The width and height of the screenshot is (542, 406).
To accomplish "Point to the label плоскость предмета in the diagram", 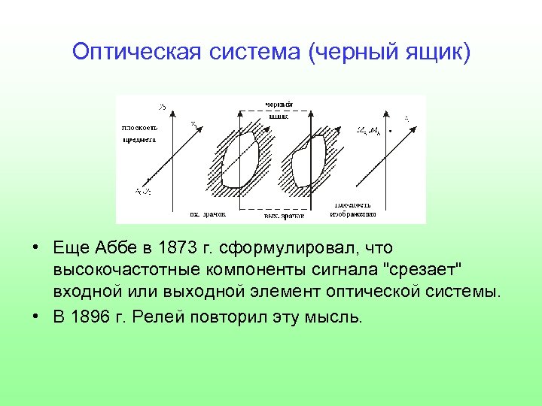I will click(x=139, y=133).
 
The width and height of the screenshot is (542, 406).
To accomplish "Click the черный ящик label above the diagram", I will click(x=278, y=110).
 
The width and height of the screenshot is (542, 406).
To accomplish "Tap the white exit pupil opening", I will click(x=309, y=160).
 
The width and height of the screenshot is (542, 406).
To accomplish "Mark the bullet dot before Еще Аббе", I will click(x=36, y=248).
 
